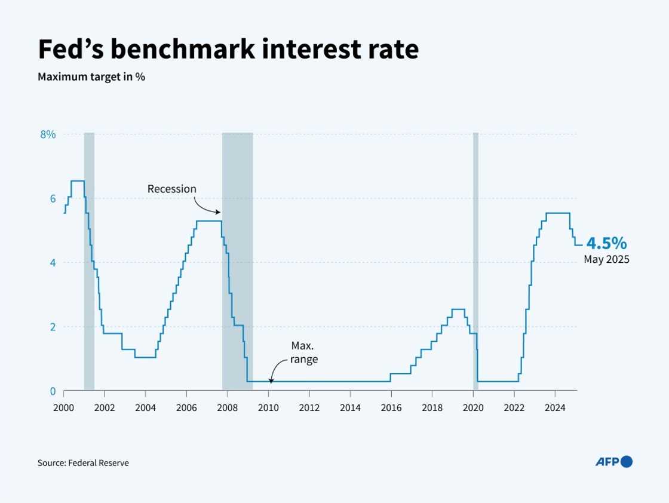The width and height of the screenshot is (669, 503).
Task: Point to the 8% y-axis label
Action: [x=48, y=134]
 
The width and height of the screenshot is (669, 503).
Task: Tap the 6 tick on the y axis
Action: [x=52, y=199]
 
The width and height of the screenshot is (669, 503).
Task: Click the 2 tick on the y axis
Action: [x=52, y=327]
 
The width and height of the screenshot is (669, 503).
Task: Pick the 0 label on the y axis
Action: [x=52, y=391]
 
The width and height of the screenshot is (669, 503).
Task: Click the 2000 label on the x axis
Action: [x=63, y=408]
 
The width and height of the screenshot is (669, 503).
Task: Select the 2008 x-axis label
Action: [x=227, y=408]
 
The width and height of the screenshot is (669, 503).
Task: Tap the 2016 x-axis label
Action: [x=391, y=408]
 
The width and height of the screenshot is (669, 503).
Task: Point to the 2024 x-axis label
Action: [x=554, y=408]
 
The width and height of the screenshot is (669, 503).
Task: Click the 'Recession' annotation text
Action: [x=171, y=189]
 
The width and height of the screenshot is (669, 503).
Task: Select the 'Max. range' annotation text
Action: [x=304, y=352]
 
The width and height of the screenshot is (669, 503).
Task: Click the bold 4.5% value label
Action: [x=606, y=243]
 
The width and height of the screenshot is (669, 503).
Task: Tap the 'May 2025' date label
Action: [x=606, y=260]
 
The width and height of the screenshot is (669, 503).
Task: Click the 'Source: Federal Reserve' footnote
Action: [x=83, y=462]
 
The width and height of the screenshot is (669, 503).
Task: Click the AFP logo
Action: [x=613, y=461]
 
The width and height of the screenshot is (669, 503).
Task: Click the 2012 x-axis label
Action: [x=309, y=408]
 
